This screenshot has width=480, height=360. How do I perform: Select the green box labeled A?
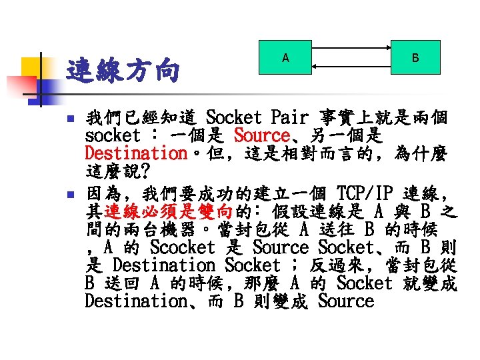[286, 58]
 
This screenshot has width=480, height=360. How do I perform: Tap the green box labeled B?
[415, 58]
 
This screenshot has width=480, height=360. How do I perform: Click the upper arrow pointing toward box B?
[350, 49]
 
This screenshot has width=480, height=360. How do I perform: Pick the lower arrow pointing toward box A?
[350, 67]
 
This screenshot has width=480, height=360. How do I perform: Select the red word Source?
[261, 136]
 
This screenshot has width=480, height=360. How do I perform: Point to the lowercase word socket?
[113, 136]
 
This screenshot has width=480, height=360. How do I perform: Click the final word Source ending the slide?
[346, 301]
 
